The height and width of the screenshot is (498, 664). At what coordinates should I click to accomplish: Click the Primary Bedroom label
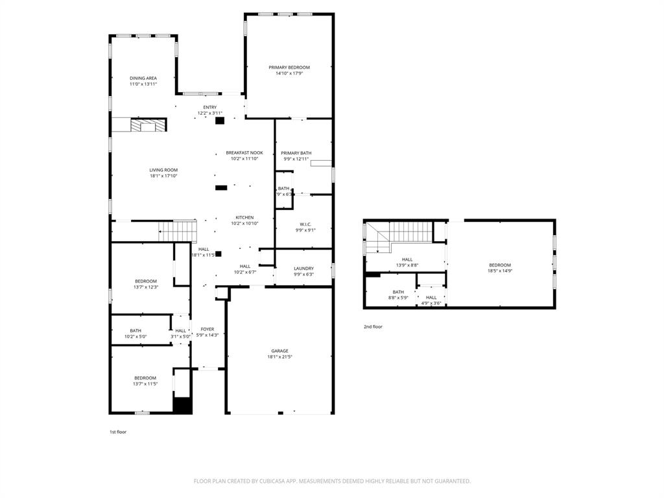tap(289, 67)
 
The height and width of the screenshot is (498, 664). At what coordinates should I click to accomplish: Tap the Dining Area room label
tap(143, 78)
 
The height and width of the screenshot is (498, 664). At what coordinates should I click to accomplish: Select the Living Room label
tap(163, 170)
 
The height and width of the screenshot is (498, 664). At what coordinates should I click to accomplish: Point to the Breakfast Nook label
tap(244, 153)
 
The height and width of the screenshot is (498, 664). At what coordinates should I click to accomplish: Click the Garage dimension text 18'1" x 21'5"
tap(280, 357)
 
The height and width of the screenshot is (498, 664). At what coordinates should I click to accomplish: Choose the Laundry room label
tap(303, 268)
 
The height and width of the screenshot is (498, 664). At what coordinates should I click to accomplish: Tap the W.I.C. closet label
tap(303, 224)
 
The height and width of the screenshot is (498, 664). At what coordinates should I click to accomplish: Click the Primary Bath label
tap(296, 153)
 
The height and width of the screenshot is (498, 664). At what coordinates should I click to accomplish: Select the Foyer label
tap(207, 329)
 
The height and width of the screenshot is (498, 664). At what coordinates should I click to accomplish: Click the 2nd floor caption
tap(373, 327)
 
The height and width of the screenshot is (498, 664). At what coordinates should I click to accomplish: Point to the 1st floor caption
tap(118, 431)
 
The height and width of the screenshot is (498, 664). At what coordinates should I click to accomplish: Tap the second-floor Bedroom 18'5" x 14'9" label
tap(500, 265)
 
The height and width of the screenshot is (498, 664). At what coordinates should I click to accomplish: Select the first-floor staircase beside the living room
tap(178, 231)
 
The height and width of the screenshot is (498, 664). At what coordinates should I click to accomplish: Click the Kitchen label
tap(244, 218)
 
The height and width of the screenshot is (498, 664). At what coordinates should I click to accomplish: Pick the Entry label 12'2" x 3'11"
tap(210, 108)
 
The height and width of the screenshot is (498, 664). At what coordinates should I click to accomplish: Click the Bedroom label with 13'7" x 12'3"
tap(145, 281)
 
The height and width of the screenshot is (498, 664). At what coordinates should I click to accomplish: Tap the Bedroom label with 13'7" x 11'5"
tap(145, 378)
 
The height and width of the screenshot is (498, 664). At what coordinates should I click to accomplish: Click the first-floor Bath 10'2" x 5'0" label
tap(136, 331)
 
